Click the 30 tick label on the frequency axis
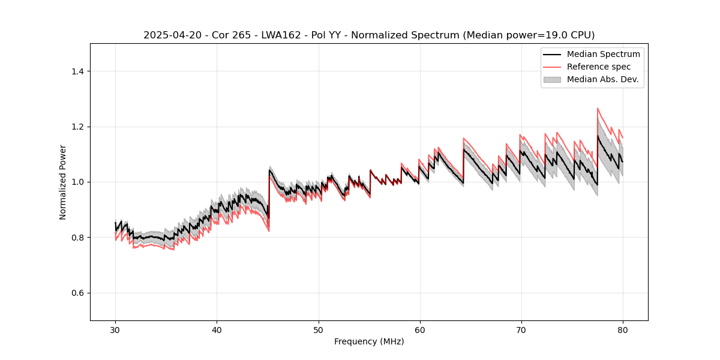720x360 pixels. [x=115, y=329]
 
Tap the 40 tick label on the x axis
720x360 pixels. [x=217, y=329]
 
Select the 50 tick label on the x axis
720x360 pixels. [x=318, y=329]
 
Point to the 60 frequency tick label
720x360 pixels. [x=419, y=329]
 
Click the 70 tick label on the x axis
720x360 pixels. [x=521, y=329]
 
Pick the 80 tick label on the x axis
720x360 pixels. [x=622, y=329]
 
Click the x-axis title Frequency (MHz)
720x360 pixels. [x=369, y=341]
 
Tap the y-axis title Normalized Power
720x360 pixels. [x=63, y=182]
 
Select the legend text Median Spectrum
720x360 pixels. [x=603, y=54]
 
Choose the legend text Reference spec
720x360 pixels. [x=598, y=67]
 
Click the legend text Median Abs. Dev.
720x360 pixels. [x=602, y=79]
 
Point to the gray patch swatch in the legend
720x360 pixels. [x=552, y=79]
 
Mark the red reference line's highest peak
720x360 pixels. [x=598, y=109]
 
